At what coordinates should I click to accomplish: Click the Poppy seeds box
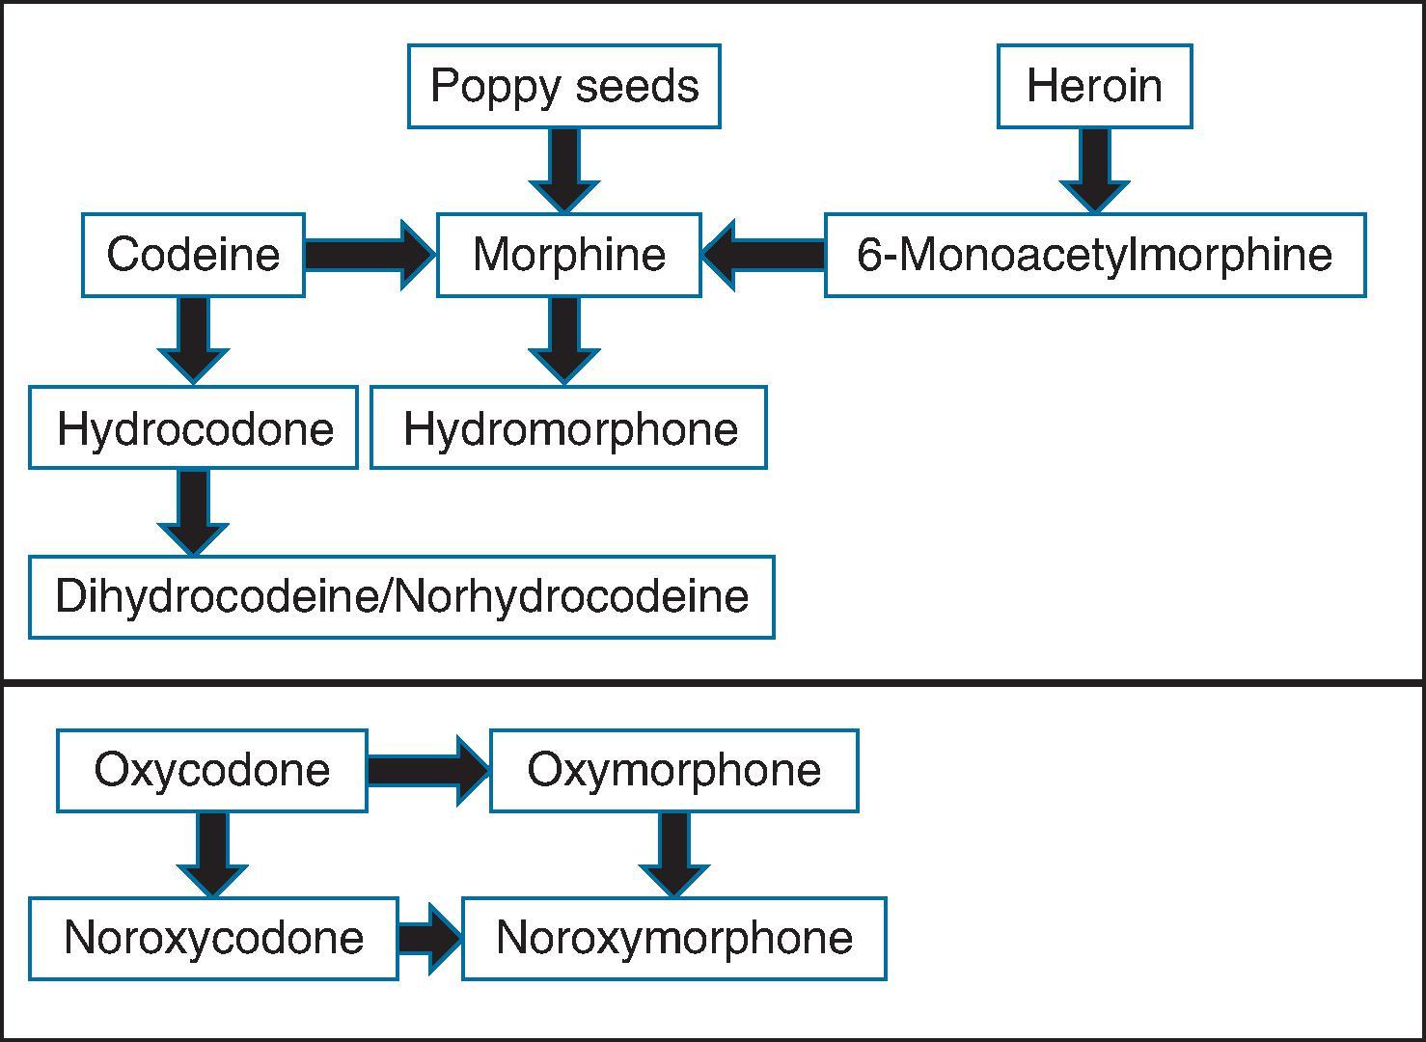click(563, 86)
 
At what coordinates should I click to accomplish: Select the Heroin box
click(1094, 86)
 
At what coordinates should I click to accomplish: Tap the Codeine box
click(193, 255)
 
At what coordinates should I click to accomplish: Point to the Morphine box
click(568, 255)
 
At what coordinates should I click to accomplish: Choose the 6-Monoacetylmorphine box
click(1094, 255)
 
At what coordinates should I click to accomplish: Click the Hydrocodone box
click(193, 427)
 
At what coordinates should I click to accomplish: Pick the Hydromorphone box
click(568, 427)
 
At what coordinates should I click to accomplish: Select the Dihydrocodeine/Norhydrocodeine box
click(401, 596)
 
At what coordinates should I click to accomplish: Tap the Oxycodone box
click(211, 770)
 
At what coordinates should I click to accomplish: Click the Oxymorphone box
click(673, 770)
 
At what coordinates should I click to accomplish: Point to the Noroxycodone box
click(213, 938)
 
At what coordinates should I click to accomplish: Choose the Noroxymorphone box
click(673, 938)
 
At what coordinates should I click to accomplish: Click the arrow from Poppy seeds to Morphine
click(564, 169)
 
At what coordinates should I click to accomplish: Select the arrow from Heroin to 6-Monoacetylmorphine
click(1094, 169)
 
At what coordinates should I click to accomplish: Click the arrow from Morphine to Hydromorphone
click(564, 340)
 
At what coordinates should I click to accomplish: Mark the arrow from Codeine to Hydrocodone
click(193, 340)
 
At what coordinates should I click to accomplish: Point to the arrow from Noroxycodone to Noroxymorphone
click(430, 938)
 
